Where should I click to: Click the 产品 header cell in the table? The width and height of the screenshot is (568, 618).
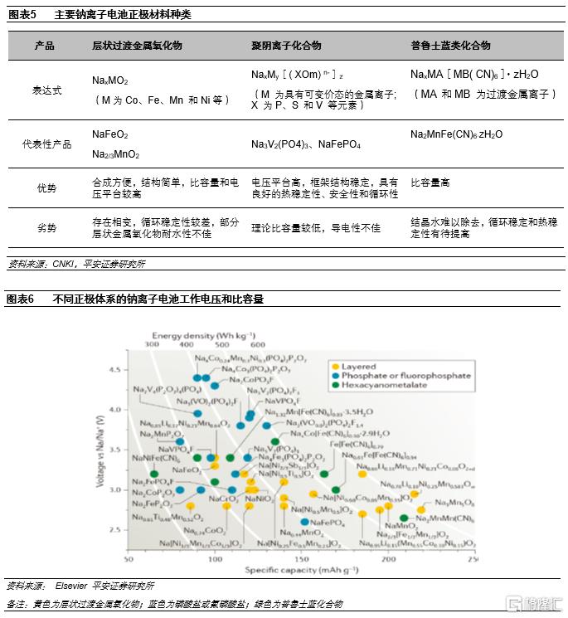45,46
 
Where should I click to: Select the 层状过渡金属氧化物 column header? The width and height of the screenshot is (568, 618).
137,46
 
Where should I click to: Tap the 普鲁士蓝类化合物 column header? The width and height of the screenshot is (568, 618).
450,46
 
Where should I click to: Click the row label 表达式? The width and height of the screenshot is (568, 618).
45,90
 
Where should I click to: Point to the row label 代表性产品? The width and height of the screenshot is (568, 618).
45,144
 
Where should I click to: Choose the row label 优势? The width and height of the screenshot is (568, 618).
45,188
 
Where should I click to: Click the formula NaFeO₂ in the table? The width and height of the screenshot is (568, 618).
110,133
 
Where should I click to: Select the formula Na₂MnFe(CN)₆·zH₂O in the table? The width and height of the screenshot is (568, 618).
456,134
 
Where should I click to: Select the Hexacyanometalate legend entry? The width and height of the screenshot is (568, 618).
381,385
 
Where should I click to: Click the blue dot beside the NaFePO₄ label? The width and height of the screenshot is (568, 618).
305,522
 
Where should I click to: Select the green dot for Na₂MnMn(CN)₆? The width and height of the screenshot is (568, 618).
404,518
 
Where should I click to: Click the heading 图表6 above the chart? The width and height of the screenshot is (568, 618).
20,299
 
